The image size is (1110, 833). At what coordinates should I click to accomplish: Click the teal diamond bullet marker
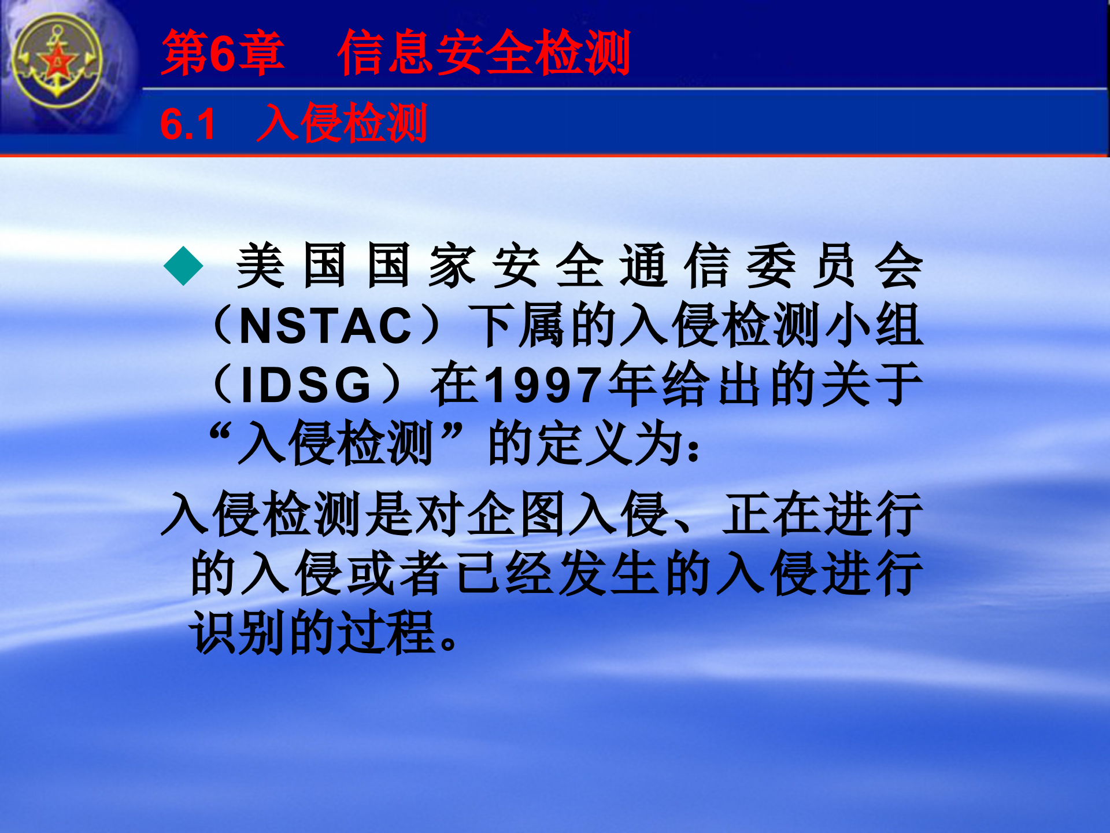[x=183, y=266]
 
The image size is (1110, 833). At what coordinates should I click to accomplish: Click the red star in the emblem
[x=57, y=60]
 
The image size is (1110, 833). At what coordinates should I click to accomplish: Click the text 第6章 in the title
[x=223, y=53]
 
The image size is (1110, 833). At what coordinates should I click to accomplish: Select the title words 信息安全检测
[x=483, y=53]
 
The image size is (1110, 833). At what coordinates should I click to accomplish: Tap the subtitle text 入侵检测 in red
[x=342, y=123]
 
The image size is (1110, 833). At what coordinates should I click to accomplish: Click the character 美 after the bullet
[x=260, y=266]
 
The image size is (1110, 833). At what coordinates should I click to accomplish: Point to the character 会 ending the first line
[x=898, y=266]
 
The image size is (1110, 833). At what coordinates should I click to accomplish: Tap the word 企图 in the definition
[x=516, y=514]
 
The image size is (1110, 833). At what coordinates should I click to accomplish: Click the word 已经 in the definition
[x=504, y=574]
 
